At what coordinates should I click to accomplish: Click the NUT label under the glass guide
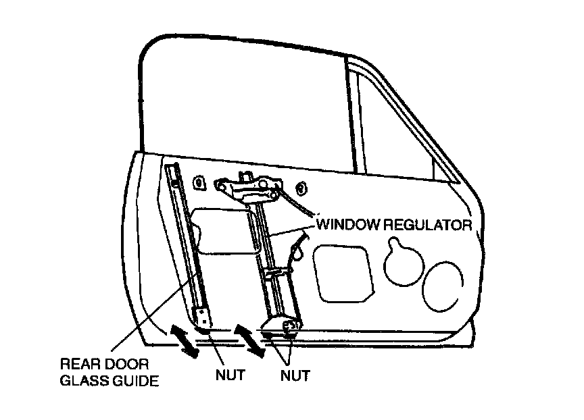click(230, 375)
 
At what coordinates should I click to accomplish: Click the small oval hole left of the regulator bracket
click(200, 182)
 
